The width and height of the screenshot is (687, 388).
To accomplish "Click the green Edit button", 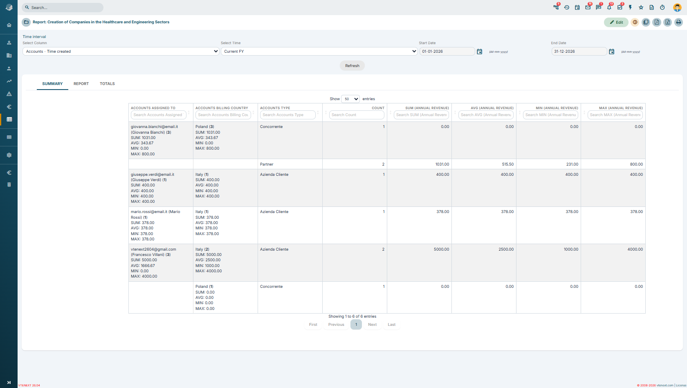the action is click(x=616, y=22).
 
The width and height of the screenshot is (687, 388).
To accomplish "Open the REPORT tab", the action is click(x=81, y=84).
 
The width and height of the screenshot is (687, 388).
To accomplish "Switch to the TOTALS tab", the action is click(x=107, y=84).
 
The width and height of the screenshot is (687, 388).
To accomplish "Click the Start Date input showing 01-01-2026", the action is click(x=447, y=51).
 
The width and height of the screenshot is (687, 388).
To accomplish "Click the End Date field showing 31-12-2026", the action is click(x=579, y=51).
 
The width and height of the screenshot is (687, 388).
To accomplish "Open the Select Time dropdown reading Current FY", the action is click(x=319, y=51).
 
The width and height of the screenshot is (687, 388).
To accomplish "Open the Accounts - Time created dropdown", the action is click(x=121, y=51).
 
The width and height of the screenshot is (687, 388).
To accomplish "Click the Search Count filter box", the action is click(x=357, y=115).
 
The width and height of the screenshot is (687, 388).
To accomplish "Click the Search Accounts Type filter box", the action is click(x=288, y=115).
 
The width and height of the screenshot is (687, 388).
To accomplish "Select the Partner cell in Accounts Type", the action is click(x=267, y=164).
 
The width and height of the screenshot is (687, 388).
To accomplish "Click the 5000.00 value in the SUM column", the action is click(x=441, y=249).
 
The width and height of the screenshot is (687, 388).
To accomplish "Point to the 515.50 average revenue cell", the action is click(x=507, y=164).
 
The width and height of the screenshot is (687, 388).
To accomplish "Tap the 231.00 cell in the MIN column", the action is click(x=572, y=164).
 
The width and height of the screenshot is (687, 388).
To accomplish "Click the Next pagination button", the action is click(x=372, y=325).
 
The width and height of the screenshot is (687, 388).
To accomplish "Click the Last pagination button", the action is click(x=392, y=325).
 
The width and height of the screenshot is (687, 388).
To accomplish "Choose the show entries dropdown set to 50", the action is click(x=350, y=99).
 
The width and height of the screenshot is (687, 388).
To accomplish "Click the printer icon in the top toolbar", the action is click(x=678, y=22).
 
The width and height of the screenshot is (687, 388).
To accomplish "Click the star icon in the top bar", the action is click(x=641, y=7).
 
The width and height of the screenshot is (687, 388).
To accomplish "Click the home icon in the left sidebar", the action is click(x=9, y=25).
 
